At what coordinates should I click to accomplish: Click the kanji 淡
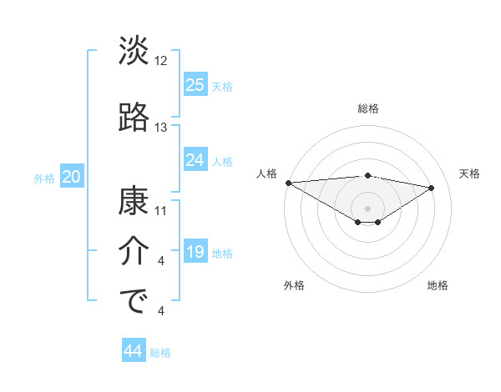click(x=134, y=52)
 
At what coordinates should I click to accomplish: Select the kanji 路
click(x=134, y=118)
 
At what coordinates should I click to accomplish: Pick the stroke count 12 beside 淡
click(x=161, y=61)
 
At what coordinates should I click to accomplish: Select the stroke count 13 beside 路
click(x=161, y=128)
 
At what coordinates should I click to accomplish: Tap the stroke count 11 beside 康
click(x=161, y=210)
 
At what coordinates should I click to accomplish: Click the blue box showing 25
click(x=195, y=84)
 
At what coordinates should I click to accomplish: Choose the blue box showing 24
click(x=195, y=160)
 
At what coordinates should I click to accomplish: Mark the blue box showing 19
click(x=195, y=252)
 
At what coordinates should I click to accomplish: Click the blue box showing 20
click(x=72, y=177)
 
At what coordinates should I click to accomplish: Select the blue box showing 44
click(x=134, y=351)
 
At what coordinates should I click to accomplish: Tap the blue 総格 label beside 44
click(x=160, y=353)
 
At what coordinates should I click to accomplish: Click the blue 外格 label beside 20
click(x=44, y=178)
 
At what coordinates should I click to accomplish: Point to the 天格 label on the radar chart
click(x=470, y=173)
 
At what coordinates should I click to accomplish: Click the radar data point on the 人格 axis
click(x=288, y=183)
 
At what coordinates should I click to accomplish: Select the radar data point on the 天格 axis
click(x=432, y=188)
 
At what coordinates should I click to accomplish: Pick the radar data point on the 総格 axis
click(x=367, y=175)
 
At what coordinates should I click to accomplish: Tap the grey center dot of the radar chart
click(x=367, y=208)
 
